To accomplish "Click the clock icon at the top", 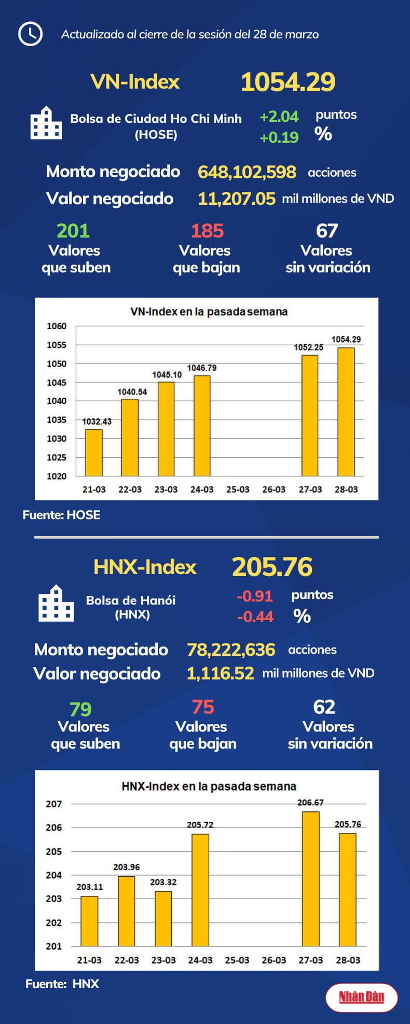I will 30,34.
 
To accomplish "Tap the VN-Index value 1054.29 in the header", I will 288,82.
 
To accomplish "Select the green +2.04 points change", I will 279,117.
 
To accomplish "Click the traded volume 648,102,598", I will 247,172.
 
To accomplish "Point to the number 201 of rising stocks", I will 73,231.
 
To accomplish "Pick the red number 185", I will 207,231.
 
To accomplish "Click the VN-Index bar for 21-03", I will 94,452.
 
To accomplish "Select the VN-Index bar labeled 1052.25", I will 310,415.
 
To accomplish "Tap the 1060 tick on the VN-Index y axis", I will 57,326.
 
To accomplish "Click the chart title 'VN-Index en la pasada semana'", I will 209,312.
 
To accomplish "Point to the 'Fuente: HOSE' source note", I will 61,515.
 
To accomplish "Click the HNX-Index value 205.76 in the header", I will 272,567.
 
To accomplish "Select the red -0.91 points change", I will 254,596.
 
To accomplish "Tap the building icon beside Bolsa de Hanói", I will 56,604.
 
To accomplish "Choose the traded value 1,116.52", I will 221,674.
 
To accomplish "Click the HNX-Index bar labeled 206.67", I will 310,878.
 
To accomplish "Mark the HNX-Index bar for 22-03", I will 126,911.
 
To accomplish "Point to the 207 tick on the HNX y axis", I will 54,804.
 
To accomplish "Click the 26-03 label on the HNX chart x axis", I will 274,960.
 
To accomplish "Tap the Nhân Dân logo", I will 362,997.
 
